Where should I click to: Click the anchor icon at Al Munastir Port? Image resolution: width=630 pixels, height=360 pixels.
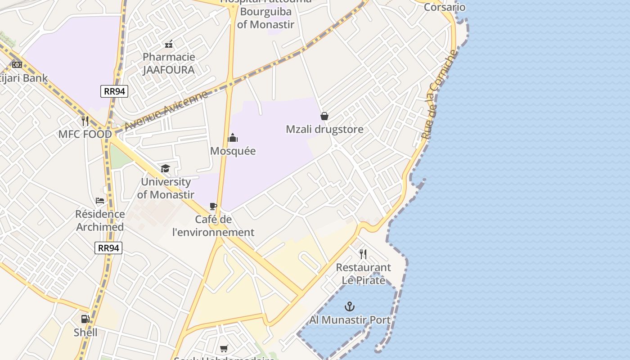coord(350,307)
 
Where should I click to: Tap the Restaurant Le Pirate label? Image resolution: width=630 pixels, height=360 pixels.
coord(364,274)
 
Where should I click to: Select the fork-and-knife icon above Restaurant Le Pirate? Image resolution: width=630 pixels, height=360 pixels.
coord(363,254)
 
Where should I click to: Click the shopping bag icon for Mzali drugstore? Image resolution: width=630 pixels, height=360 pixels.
coord(324,116)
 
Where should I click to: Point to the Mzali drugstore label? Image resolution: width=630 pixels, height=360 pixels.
coord(324,130)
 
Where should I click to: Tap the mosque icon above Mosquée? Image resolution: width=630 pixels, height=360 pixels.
coord(233,138)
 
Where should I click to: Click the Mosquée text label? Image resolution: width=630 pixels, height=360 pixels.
coord(233,151)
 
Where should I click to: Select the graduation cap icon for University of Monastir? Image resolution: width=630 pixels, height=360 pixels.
coord(166,169)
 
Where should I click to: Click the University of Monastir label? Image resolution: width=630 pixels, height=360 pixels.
coord(166,188)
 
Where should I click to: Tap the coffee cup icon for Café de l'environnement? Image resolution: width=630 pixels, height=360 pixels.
coord(213,207)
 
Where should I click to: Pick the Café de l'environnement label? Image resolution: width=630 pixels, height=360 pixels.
coord(213,226)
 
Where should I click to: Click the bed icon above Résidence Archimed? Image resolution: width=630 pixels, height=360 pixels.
coord(100,201)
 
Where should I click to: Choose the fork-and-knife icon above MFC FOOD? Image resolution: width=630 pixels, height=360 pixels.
coord(85,121)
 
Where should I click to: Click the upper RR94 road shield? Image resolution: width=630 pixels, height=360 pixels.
coord(114,91)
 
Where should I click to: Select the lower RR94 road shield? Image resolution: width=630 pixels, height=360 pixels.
coord(108,248)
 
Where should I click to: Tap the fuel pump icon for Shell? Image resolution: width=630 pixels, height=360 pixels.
coord(85,319)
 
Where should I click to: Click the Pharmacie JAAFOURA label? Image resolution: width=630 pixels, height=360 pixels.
coord(169,63)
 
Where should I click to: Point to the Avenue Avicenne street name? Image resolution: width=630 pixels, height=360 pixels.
coord(166,110)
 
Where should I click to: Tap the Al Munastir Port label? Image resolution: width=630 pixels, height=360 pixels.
coord(350,320)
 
